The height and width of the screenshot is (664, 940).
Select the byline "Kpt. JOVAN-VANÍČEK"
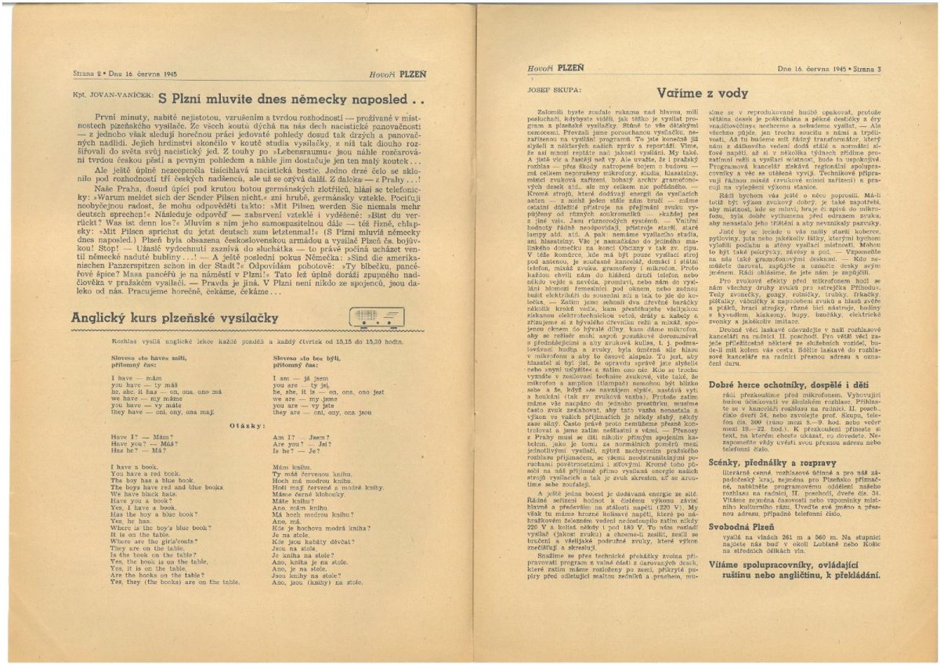tap(113, 99)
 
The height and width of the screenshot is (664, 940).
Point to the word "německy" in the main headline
tap(305, 99)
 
